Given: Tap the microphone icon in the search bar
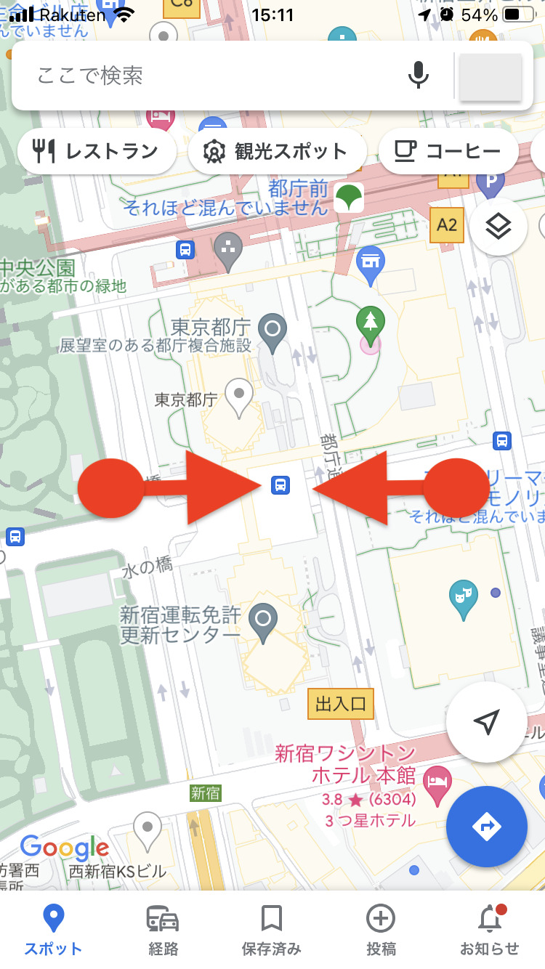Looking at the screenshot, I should [x=418, y=76].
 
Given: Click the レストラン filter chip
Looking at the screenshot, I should [x=97, y=151].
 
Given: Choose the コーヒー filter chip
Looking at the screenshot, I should [x=448, y=151].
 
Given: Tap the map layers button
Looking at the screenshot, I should [x=498, y=227].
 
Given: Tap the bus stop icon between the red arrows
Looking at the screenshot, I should [x=280, y=484].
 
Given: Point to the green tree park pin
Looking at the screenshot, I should [x=371, y=323].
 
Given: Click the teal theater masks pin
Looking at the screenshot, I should [x=463, y=598].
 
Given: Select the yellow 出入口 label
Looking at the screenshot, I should [x=341, y=703].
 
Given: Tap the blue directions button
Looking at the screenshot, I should [x=486, y=826].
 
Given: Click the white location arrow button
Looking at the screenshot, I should [x=486, y=721].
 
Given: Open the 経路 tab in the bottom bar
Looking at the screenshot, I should [x=163, y=929].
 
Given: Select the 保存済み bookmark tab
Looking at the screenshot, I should [x=272, y=929].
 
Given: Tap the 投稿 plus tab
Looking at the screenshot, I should [x=381, y=929].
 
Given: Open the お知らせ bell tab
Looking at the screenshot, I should [x=490, y=929].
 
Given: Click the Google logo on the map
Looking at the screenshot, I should [x=65, y=847].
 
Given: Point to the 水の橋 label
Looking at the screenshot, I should [x=148, y=568].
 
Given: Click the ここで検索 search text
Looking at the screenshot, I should [x=91, y=76].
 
